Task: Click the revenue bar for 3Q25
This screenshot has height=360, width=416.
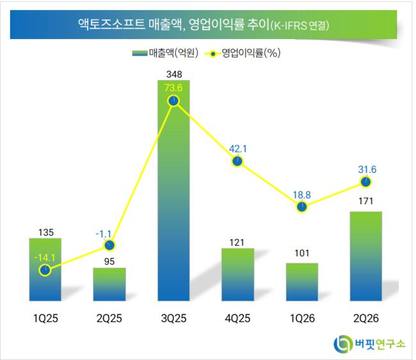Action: (174, 190)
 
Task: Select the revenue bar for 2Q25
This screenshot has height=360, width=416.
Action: (109, 284)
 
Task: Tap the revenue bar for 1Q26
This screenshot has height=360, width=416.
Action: (302, 282)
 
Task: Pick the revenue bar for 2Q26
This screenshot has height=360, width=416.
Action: (366, 256)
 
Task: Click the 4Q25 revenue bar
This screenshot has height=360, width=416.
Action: (237, 275)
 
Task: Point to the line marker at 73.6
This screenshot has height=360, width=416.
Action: (174, 101)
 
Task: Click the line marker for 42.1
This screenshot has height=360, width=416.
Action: (237, 161)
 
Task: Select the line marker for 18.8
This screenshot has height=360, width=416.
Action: (302, 207)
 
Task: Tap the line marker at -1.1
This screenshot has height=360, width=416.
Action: (109, 245)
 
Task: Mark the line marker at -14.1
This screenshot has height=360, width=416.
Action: (45, 270)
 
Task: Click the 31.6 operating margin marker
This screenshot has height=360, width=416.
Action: (366, 182)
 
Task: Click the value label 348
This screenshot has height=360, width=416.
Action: (174, 74)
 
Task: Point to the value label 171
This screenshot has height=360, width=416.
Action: (366, 201)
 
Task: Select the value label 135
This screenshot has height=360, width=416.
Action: (46, 233)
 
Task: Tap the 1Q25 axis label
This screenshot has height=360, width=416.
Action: (45, 318)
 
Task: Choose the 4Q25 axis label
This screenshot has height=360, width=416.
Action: (237, 318)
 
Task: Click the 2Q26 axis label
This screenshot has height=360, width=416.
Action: (366, 318)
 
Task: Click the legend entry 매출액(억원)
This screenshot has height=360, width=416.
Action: (165, 53)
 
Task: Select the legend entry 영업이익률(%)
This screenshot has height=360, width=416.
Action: (243, 53)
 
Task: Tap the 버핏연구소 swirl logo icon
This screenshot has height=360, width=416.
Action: (342, 344)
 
